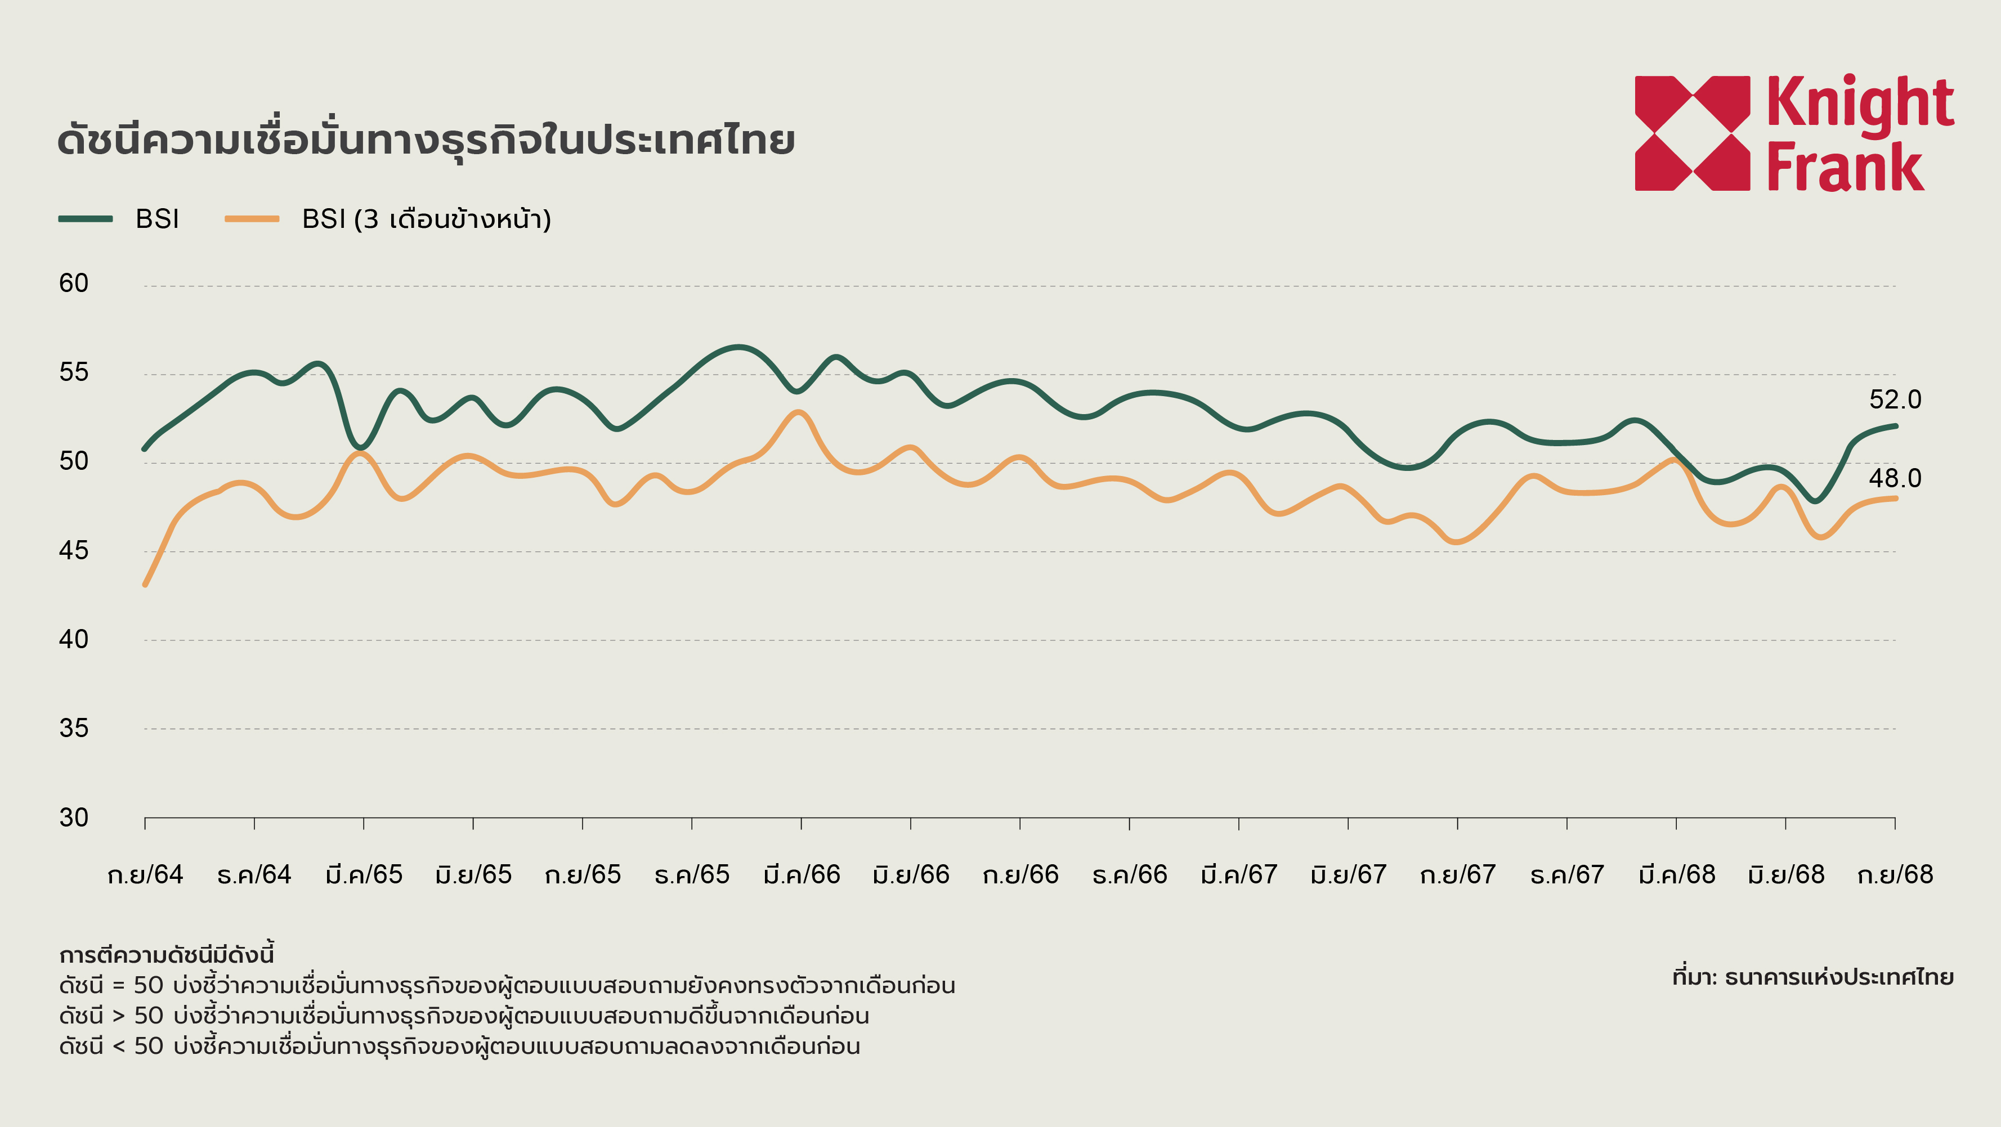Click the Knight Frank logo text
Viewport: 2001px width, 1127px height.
pyautogui.click(x=1860, y=133)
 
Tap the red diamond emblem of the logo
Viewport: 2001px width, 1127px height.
pyautogui.click(x=1692, y=133)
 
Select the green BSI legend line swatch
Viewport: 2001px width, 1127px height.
pyautogui.click(x=86, y=219)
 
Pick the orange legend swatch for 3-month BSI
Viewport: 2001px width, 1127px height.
pyautogui.click(x=252, y=219)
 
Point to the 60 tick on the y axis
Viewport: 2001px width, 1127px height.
pyautogui.click(x=74, y=284)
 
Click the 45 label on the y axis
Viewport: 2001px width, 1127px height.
pyautogui.click(x=74, y=551)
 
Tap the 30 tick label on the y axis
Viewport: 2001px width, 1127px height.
pyautogui.click(x=74, y=817)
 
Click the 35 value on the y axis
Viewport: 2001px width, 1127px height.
pyautogui.click(x=74, y=729)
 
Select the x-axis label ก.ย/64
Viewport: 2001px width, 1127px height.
pyautogui.click(x=145, y=874)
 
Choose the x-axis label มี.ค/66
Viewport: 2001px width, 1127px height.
pyautogui.click(x=802, y=874)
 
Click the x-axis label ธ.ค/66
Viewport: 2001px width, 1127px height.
pyautogui.click(x=1130, y=874)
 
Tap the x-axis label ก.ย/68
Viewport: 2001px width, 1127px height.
pyautogui.click(x=1895, y=874)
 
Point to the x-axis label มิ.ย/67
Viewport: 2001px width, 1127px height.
pyautogui.click(x=1349, y=874)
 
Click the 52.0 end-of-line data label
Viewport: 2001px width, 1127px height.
pyautogui.click(x=1895, y=399)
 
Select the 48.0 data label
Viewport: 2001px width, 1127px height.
pyautogui.click(x=1895, y=478)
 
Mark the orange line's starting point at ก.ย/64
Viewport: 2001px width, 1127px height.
pyautogui.click(x=145, y=584)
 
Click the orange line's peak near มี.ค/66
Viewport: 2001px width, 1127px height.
pyautogui.click(x=799, y=412)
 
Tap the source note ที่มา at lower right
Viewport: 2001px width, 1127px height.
pyautogui.click(x=1812, y=977)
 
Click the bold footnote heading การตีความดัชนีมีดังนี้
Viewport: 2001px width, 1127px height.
pyautogui.click(x=166, y=955)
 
